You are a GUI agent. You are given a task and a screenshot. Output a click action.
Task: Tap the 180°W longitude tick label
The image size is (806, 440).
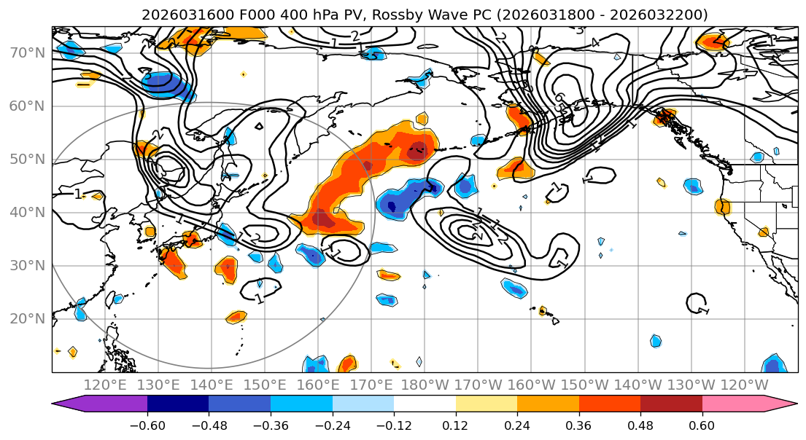[x=425, y=385]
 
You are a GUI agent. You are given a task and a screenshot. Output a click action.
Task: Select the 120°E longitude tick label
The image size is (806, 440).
[x=105, y=385]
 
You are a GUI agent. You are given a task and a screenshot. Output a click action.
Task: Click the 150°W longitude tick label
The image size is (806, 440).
[x=585, y=385]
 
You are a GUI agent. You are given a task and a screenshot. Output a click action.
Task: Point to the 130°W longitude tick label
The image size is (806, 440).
[x=691, y=385]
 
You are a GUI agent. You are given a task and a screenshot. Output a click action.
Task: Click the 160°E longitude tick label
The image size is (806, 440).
[x=318, y=385]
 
